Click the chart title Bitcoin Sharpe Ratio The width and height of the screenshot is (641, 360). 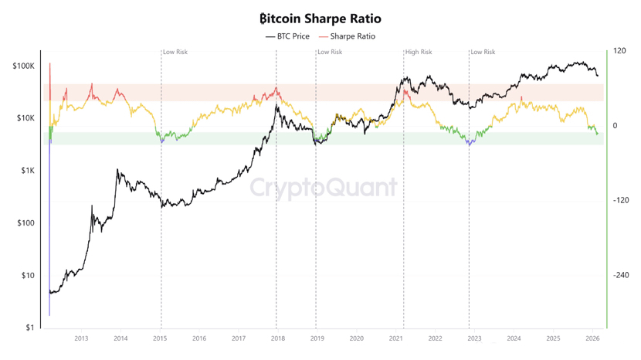click(x=320, y=19)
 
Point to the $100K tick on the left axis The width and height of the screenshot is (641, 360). click(x=23, y=66)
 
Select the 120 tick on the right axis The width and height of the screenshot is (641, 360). click(x=619, y=51)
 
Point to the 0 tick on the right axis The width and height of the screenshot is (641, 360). click(x=616, y=126)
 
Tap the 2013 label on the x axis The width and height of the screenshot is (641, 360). click(x=81, y=338)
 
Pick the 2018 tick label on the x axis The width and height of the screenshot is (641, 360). click(x=277, y=338)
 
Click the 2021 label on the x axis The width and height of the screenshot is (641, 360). click(x=395, y=338)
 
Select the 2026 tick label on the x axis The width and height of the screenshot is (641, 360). click(x=592, y=338)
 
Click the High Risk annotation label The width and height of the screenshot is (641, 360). click(x=419, y=53)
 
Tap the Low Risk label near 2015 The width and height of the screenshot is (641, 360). click(x=175, y=53)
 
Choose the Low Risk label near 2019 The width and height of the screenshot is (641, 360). click(x=330, y=53)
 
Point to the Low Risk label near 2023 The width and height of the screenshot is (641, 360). click(x=483, y=53)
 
